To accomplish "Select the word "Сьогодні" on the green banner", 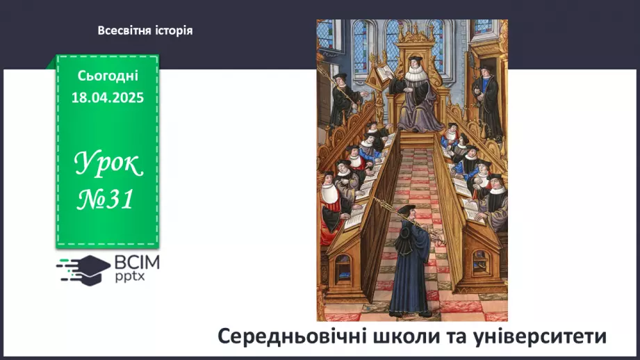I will (108, 75).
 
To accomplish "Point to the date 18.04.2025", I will (108, 98).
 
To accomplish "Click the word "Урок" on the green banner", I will (108, 165).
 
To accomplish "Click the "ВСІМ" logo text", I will (138, 263).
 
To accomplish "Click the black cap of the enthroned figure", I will (415, 60).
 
